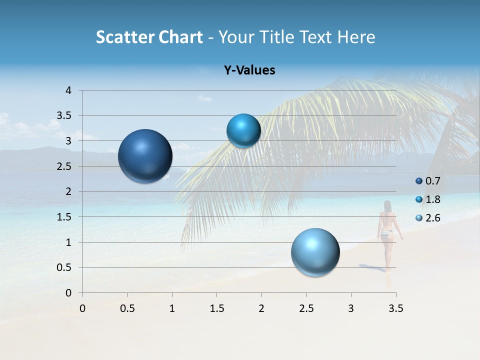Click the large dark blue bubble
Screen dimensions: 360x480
click(145, 156)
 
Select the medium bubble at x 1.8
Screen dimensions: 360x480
click(243, 130)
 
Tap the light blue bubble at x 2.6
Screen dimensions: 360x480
click(315, 252)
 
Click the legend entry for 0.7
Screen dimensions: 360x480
click(427, 181)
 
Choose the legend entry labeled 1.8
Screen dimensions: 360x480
click(427, 199)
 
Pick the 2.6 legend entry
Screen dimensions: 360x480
click(427, 218)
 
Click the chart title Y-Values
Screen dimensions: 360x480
click(249, 70)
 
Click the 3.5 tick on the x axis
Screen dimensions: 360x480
click(395, 308)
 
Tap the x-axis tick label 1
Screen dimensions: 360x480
click(172, 308)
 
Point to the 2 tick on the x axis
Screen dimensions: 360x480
click(261, 308)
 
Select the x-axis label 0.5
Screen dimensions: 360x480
click(127, 308)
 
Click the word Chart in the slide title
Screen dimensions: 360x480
click(181, 37)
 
